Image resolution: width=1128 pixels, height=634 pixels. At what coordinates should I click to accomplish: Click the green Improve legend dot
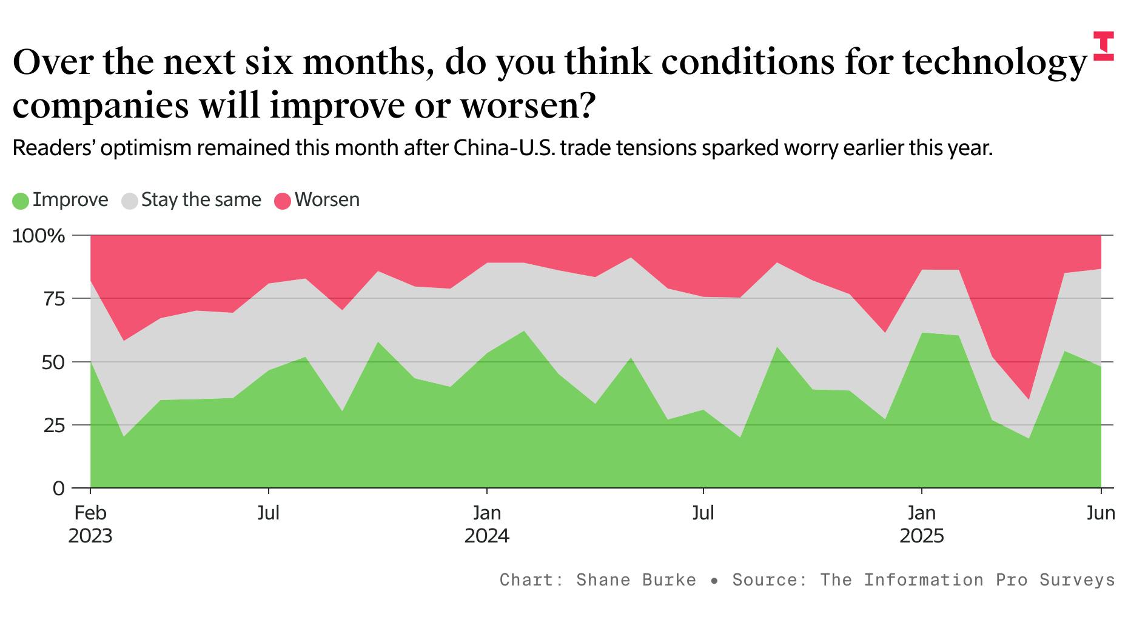tap(21, 201)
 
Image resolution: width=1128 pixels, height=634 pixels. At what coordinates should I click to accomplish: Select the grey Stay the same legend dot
tap(130, 201)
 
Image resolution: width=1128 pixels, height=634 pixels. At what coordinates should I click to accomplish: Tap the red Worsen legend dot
tap(283, 201)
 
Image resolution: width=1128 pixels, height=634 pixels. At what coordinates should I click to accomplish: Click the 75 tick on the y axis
tap(53, 299)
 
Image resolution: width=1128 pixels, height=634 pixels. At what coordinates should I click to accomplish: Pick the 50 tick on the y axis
tap(53, 362)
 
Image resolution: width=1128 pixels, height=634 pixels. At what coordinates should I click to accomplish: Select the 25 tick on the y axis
tap(53, 425)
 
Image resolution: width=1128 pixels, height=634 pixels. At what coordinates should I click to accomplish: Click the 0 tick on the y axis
tap(59, 489)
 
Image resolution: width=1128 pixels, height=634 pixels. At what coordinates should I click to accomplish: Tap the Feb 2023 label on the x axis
tap(90, 524)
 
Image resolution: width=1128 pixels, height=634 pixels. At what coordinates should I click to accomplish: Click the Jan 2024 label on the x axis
tap(487, 524)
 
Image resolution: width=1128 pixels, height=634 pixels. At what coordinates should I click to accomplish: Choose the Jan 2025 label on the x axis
tap(922, 524)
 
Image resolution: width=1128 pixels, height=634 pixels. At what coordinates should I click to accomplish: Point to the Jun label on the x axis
tap(1100, 513)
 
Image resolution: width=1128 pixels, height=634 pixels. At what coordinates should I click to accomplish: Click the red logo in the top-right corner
tap(1103, 46)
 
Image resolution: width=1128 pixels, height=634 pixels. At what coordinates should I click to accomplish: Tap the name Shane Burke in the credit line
tap(636, 580)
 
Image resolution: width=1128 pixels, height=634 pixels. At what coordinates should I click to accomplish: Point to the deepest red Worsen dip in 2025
tap(1028, 399)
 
